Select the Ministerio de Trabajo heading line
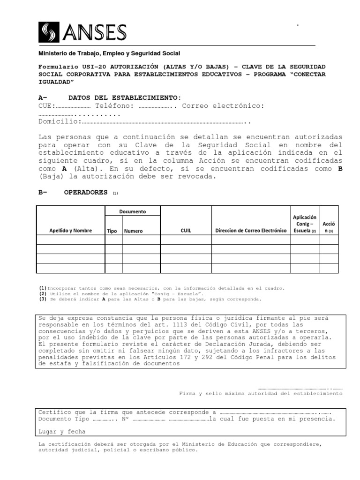(109, 54)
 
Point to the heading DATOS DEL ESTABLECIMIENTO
(124, 97)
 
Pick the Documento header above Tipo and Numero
(132, 211)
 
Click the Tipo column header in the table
(112, 231)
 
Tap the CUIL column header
(186, 231)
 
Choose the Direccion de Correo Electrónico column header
(250, 231)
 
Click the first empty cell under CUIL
(186, 240)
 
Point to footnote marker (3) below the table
(43, 299)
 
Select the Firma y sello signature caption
(261, 393)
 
